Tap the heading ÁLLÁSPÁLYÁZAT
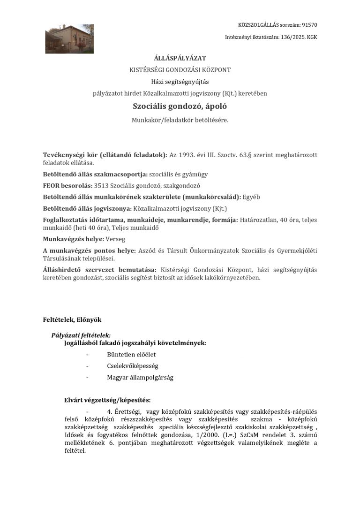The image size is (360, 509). (180, 58)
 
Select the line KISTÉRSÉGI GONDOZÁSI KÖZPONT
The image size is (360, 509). (180, 70)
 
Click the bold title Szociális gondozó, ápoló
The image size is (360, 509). (180, 106)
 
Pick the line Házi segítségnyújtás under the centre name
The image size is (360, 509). (180, 82)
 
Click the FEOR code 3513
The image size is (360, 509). (101, 185)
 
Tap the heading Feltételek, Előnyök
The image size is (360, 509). (72, 319)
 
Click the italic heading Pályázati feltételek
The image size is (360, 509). (81, 335)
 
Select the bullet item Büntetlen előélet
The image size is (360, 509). (131, 354)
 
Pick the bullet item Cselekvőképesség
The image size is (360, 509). (133, 365)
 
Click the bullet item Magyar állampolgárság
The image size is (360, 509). (140, 377)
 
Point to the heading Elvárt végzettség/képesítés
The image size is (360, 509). (107, 400)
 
